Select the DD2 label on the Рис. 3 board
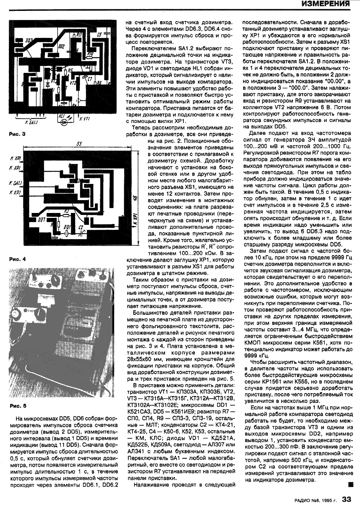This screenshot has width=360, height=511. [61, 46]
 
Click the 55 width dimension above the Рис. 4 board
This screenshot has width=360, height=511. [79, 144]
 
